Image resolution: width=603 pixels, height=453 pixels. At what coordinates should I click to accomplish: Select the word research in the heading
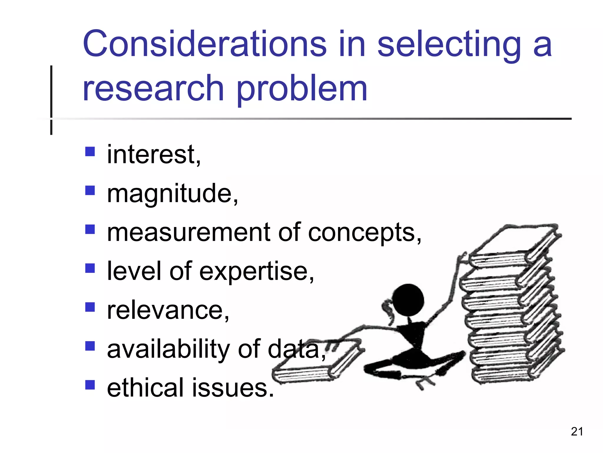coord(153,88)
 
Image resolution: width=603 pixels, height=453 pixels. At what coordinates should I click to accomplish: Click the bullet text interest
coord(153,155)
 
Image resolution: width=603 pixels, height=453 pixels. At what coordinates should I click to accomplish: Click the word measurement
coord(188,232)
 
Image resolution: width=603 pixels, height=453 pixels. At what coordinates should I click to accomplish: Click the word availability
coord(168,349)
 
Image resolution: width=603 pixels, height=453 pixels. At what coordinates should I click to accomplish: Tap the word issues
coord(233,388)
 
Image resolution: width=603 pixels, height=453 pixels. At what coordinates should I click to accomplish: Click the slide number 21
coord(577,431)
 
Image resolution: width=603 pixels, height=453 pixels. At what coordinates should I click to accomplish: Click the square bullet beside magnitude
coord(90,191)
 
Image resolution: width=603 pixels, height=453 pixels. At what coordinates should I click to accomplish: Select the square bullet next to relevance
coord(90,307)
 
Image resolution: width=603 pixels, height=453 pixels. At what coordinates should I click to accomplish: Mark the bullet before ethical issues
coord(90,385)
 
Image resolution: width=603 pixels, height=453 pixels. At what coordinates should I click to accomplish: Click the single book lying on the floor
coord(318,366)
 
